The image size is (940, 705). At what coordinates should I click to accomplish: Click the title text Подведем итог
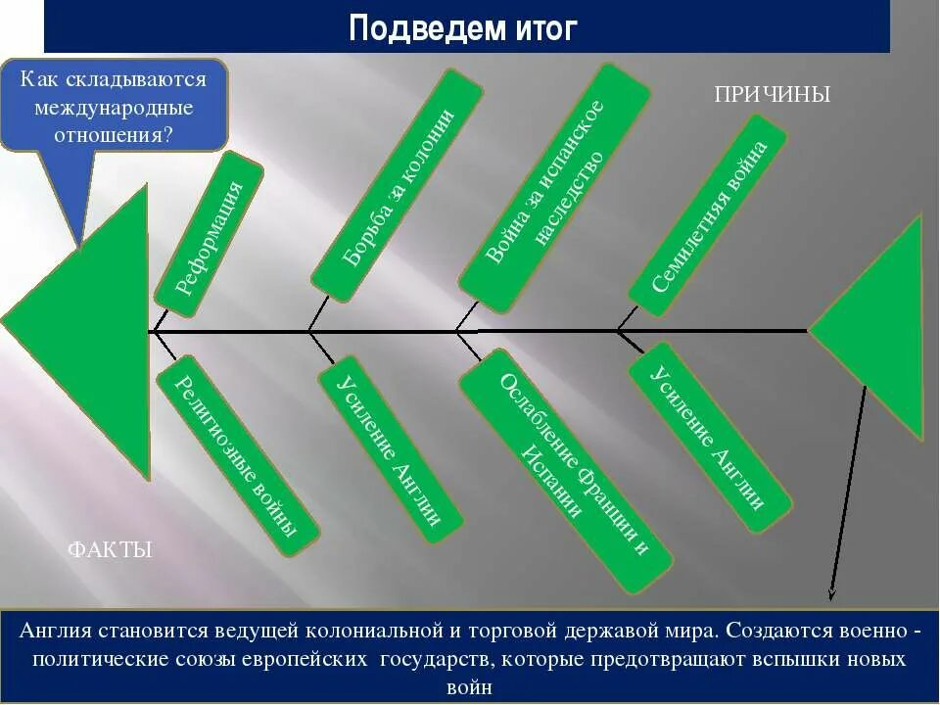tap(463, 27)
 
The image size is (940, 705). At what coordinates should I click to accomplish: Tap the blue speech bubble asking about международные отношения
tap(114, 106)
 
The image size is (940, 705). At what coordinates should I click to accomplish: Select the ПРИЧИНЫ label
tap(773, 95)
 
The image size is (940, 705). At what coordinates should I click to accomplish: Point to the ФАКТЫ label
tap(110, 550)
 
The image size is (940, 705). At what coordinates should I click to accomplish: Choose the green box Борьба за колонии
tap(398, 185)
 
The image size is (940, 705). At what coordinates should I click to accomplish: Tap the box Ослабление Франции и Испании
tap(565, 478)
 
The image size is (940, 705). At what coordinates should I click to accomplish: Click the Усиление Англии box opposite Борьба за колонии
tap(390, 449)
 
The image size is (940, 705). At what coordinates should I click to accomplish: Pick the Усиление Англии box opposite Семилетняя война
tap(709, 437)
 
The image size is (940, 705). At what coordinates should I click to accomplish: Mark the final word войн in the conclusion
tap(468, 687)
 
